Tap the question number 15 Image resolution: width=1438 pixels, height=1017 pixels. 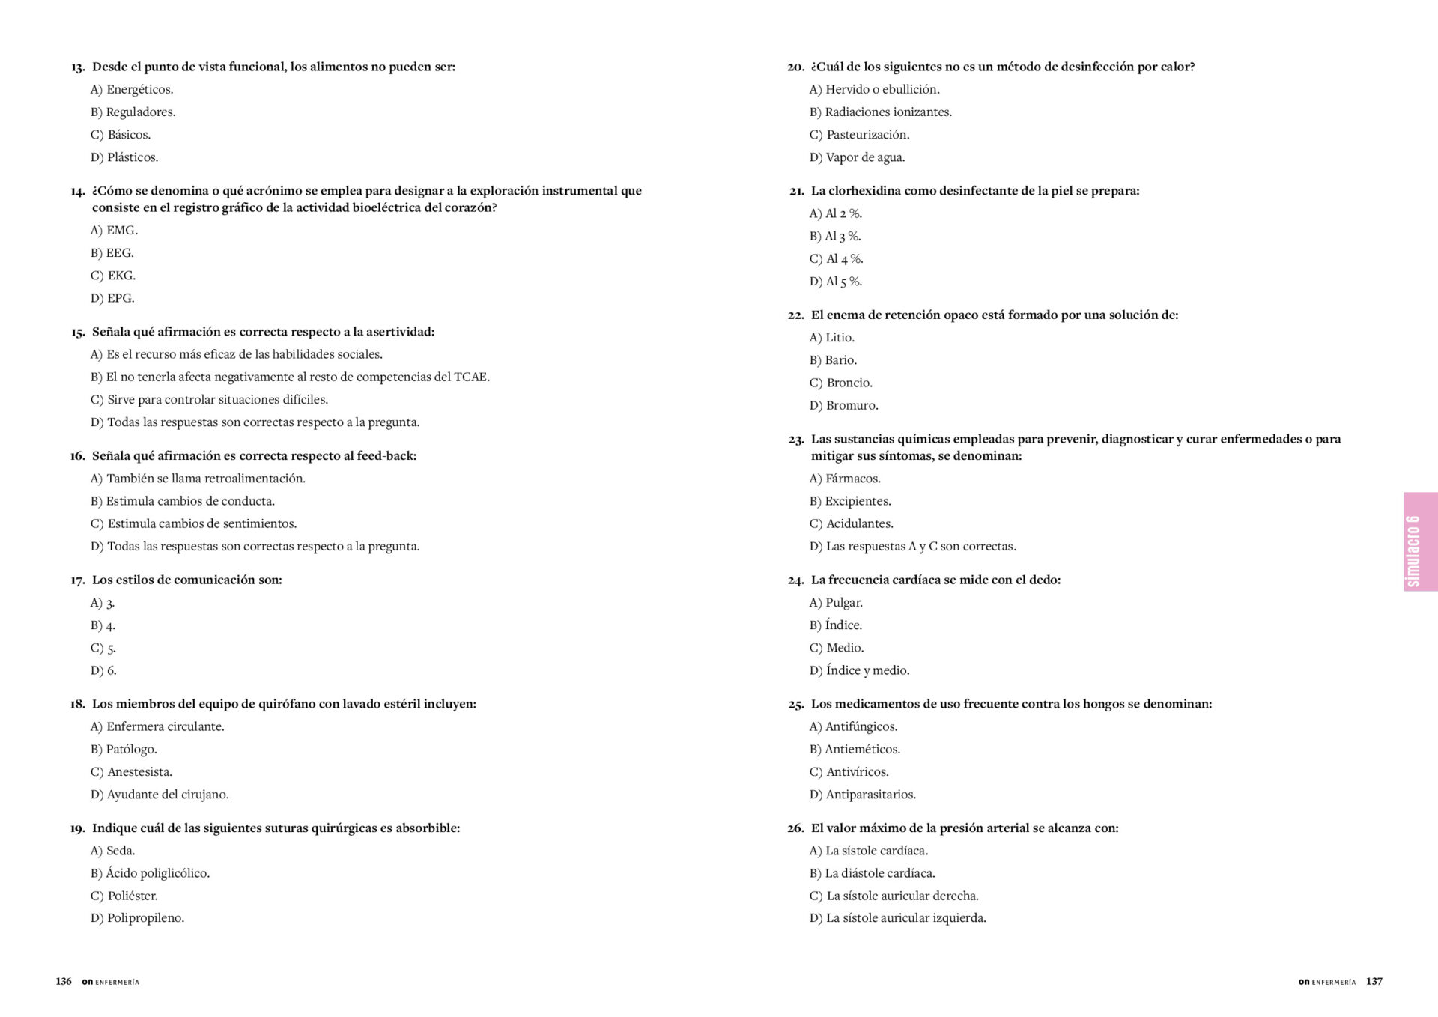coord(78,332)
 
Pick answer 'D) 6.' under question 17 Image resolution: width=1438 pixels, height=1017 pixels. coord(103,670)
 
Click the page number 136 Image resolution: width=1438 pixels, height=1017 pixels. coord(64,981)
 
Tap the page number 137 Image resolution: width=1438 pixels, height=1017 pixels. coord(1374,981)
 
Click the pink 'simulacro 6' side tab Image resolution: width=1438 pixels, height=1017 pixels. coord(1420,541)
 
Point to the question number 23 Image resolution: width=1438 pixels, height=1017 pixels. coord(795,440)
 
